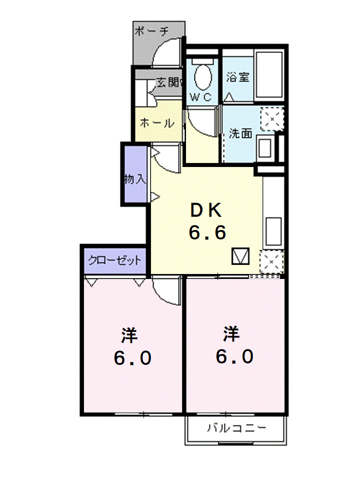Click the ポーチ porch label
[151, 31]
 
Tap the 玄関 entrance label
[168, 82]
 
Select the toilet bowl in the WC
[202, 76]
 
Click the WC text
[201, 97]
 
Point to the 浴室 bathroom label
[238, 77]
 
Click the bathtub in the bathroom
[269, 74]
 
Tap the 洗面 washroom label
[241, 133]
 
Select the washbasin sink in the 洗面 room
[265, 148]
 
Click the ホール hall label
[157, 123]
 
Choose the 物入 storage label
[135, 179]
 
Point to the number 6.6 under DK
[207, 232]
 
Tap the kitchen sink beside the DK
[273, 231]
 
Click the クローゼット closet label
[115, 261]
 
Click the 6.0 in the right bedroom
[235, 356]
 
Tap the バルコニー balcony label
[236, 427]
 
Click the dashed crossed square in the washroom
[272, 119]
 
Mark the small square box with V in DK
[240, 256]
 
